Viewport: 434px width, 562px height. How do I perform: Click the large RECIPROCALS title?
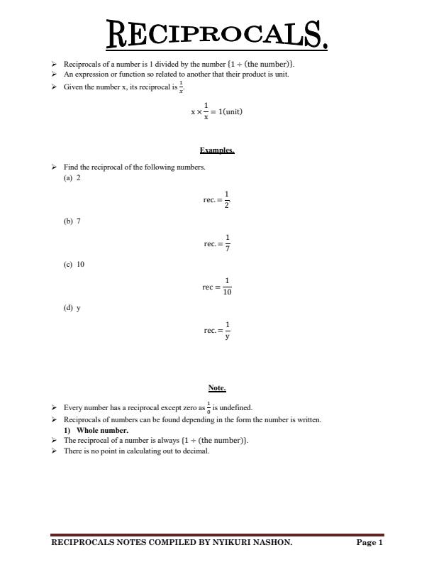[216, 34]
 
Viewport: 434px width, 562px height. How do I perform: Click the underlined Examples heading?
[216, 150]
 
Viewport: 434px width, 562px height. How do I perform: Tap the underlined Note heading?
[216, 388]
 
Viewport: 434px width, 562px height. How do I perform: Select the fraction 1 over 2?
[227, 200]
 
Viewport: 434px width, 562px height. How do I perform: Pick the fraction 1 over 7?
[227, 243]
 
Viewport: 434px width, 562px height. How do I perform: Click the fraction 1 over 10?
[227, 287]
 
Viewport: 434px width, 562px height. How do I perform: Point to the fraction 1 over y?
[227, 331]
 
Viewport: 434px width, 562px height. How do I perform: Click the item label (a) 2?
[72, 178]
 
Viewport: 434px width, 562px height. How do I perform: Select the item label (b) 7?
[72, 221]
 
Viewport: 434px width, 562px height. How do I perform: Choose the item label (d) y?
[72, 309]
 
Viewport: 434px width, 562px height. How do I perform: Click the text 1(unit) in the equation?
[230, 111]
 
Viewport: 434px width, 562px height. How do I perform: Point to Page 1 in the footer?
[369, 543]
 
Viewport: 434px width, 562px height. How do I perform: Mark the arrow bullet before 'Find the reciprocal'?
[54, 167]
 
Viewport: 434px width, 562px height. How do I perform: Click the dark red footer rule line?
[216, 535]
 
